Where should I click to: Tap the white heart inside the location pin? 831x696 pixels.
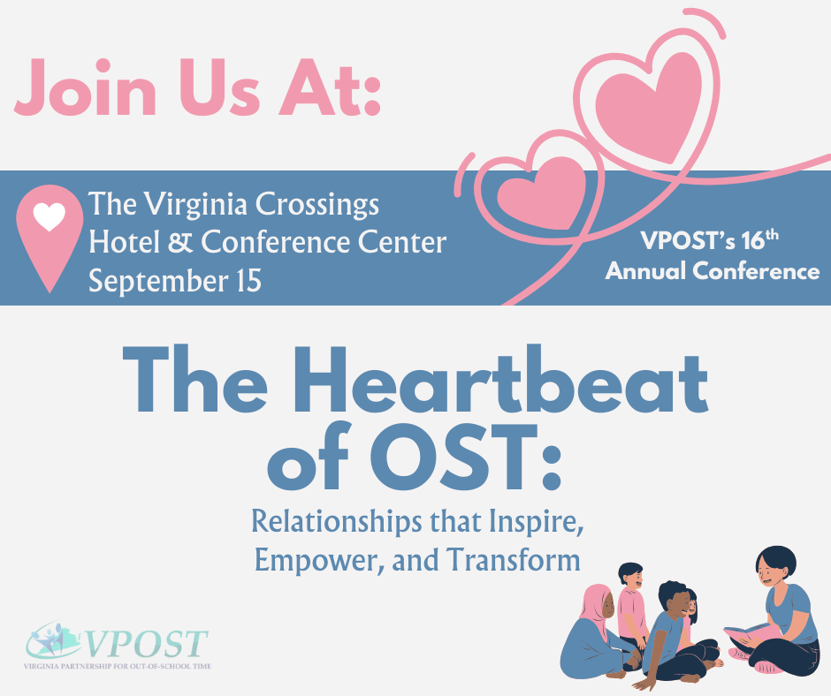click(x=50, y=217)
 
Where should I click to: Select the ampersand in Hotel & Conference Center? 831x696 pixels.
click(x=180, y=242)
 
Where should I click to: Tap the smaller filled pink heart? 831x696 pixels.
click(x=541, y=193)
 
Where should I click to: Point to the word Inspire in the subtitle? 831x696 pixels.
click(x=536, y=523)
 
